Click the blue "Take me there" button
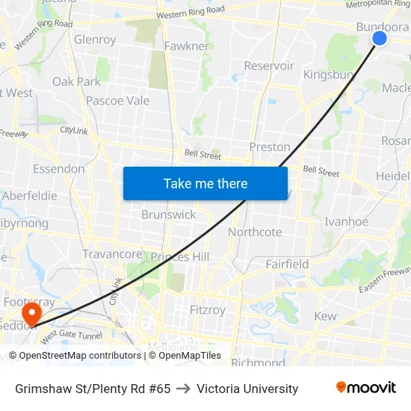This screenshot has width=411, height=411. click(205, 183)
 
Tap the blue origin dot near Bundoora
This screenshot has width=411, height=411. click(379, 38)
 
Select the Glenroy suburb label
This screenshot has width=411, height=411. click(95, 40)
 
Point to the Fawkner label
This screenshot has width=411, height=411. click(187, 46)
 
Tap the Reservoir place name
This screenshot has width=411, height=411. click(269, 66)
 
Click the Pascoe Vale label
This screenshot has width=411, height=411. click(117, 101)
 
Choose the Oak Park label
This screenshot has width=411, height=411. click(76, 81)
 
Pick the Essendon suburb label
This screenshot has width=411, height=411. click(58, 169)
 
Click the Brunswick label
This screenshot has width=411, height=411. click(169, 214)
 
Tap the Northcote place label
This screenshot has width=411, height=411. click(255, 232)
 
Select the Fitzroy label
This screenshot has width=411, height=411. click(208, 309)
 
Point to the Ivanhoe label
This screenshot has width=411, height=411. click(346, 222)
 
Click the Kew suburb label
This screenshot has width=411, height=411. click(325, 317)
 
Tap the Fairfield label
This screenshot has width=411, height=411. click(287, 265)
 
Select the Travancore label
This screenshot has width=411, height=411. click(112, 254)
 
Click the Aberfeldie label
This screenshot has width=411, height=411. click(30, 196)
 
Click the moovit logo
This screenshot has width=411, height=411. click(366, 388)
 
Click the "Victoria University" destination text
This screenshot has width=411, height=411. click(247, 389)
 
